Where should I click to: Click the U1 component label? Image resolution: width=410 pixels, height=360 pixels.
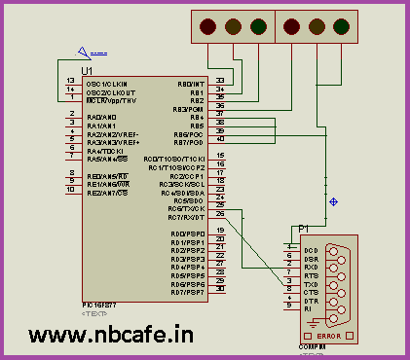[x=88, y=71]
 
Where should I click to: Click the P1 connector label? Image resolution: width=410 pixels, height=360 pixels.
[x=304, y=228]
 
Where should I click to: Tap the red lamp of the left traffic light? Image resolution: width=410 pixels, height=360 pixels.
[x=208, y=26]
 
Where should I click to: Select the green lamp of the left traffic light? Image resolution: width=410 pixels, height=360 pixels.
[x=258, y=26]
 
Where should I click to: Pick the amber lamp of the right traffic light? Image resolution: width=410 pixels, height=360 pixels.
[x=319, y=26]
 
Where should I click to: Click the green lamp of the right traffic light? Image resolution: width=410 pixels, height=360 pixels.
[x=345, y=26]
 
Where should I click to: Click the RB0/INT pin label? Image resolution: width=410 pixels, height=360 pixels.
[x=190, y=83]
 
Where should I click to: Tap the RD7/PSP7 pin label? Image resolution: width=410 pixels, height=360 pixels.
[x=186, y=291]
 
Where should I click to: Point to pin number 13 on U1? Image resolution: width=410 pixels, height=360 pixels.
[x=70, y=80]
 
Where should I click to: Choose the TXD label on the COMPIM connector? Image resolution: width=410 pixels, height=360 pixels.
[x=311, y=283]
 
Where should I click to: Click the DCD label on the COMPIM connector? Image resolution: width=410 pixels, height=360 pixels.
[x=311, y=250]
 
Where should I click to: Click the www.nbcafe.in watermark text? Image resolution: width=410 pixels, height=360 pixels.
[x=110, y=336]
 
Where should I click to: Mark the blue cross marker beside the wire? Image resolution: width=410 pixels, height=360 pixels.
[x=335, y=202]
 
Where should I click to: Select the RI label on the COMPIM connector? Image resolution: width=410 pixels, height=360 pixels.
[x=308, y=308]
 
